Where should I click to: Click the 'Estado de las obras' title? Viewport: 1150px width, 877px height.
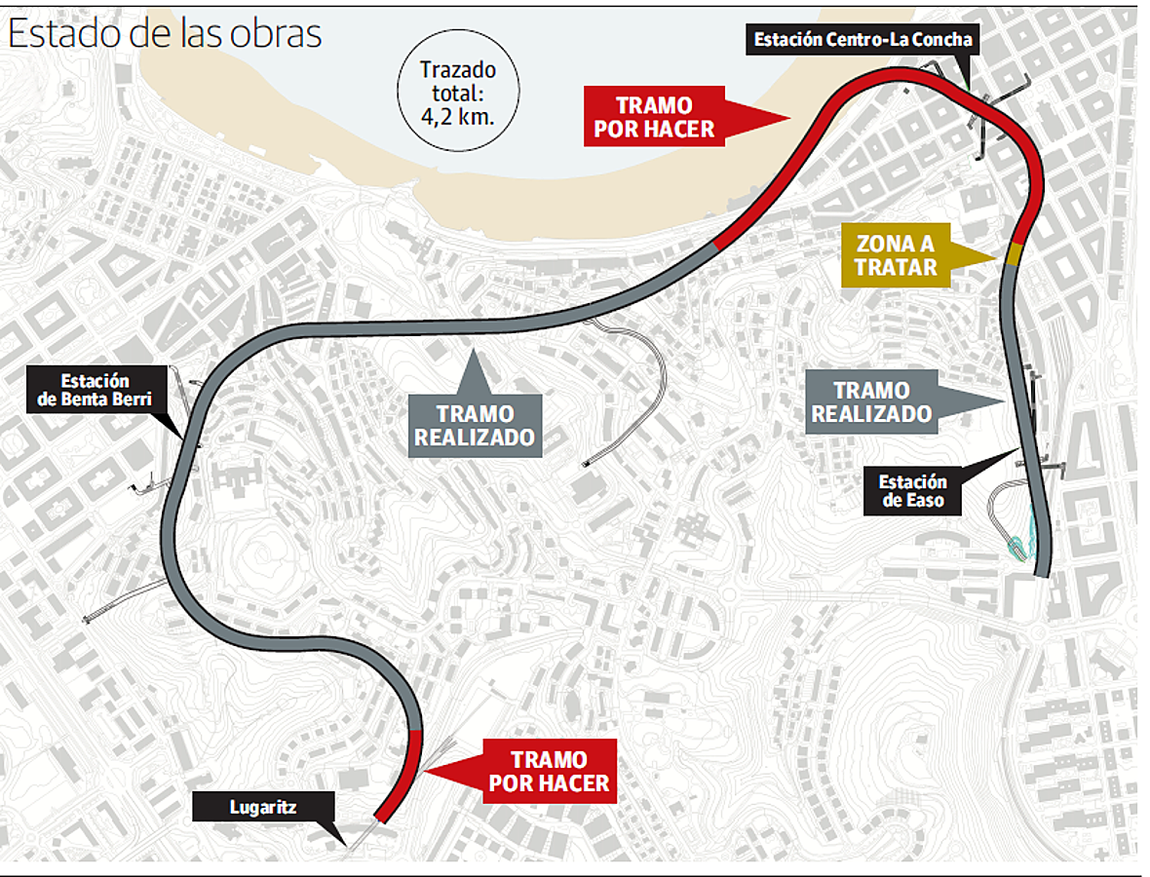tap(165, 34)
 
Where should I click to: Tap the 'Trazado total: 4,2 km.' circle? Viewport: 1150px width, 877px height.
tap(457, 92)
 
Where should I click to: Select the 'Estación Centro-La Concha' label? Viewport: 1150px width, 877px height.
tap(862, 40)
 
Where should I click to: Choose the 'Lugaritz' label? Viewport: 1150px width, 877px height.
tap(263, 807)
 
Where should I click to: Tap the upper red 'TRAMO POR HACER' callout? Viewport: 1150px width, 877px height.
tap(655, 116)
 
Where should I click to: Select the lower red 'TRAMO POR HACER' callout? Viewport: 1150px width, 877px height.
tap(549, 771)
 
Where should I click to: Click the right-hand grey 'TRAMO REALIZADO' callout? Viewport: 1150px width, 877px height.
tap(871, 401)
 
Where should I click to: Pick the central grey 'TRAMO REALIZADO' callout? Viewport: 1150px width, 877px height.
tap(475, 426)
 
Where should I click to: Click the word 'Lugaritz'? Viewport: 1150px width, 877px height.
tap(263, 807)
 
